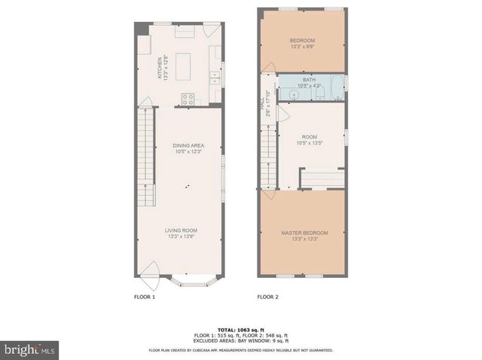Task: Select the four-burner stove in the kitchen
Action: click(x=188, y=97)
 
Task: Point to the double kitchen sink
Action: click(x=215, y=75)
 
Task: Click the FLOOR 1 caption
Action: click(x=145, y=297)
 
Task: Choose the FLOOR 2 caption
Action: click(x=267, y=297)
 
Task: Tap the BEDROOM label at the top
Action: click(x=302, y=40)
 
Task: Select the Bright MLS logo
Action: click(x=30, y=349)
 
